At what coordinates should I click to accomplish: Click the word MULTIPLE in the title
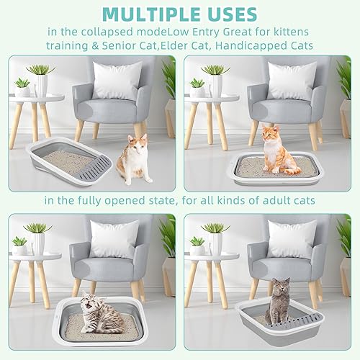(148, 14)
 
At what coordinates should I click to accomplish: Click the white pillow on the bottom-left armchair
(114, 239)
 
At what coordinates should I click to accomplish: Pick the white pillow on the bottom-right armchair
(292, 238)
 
